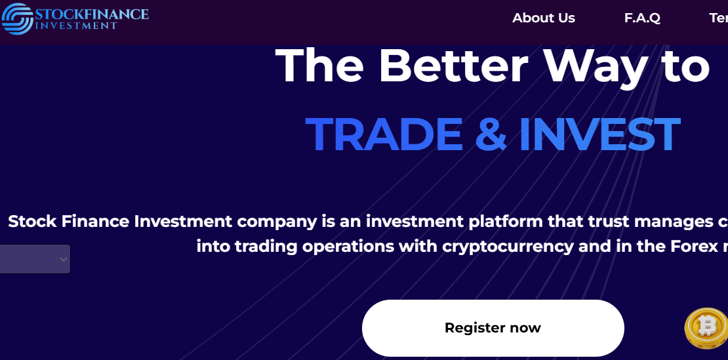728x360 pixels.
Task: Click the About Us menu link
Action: tap(543, 18)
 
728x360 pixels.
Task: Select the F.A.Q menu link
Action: tap(642, 18)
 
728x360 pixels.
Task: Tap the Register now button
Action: tap(493, 328)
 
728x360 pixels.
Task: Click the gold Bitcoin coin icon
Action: tap(707, 329)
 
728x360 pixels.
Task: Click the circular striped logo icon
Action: tap(17, 18)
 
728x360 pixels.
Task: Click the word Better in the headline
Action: tap(453, 66)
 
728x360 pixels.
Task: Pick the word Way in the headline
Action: tap(596, 66)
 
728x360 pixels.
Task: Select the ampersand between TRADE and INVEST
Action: tap(491, 134)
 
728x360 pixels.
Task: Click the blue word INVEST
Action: tap(599, 134)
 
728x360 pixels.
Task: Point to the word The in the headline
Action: tap(319, 66)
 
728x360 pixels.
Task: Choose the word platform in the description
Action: tap(506, 222)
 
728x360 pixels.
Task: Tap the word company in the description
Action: tap(277, 222)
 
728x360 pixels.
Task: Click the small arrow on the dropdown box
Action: tap(63, 259)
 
